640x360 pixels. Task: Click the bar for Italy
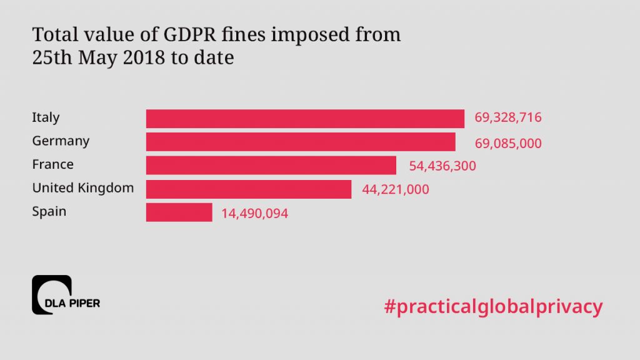pos(305,118)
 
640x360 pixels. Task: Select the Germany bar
pos(301,142)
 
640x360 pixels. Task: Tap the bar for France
pos(271,166)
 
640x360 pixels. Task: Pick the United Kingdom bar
pos(249,189)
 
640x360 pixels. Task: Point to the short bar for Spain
pos(179,212)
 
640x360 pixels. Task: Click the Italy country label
pos(46,117)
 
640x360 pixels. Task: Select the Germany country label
pos(61,141)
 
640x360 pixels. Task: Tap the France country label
pos(52,164)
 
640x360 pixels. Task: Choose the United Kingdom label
pos(82,188)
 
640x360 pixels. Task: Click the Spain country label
pos(49,212)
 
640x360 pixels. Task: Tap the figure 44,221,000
pos(395,189)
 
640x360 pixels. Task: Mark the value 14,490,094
pos(254,214)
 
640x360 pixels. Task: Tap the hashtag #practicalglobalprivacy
pos(494,306)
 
